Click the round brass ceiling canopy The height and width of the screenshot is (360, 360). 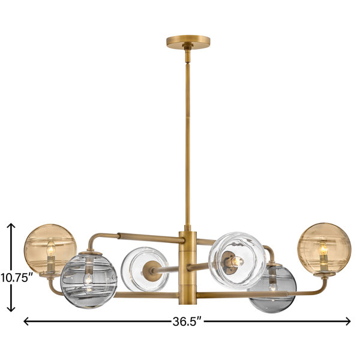point(188,42)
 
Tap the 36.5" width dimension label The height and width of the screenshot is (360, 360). point(187,322)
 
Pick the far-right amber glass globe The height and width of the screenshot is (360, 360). point(324,248)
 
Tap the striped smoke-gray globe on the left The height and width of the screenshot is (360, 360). point(89,280)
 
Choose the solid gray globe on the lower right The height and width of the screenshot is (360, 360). point(272,289)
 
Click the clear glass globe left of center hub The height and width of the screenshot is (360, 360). point(145,269)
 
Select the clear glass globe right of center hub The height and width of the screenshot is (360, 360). point(237,261)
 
